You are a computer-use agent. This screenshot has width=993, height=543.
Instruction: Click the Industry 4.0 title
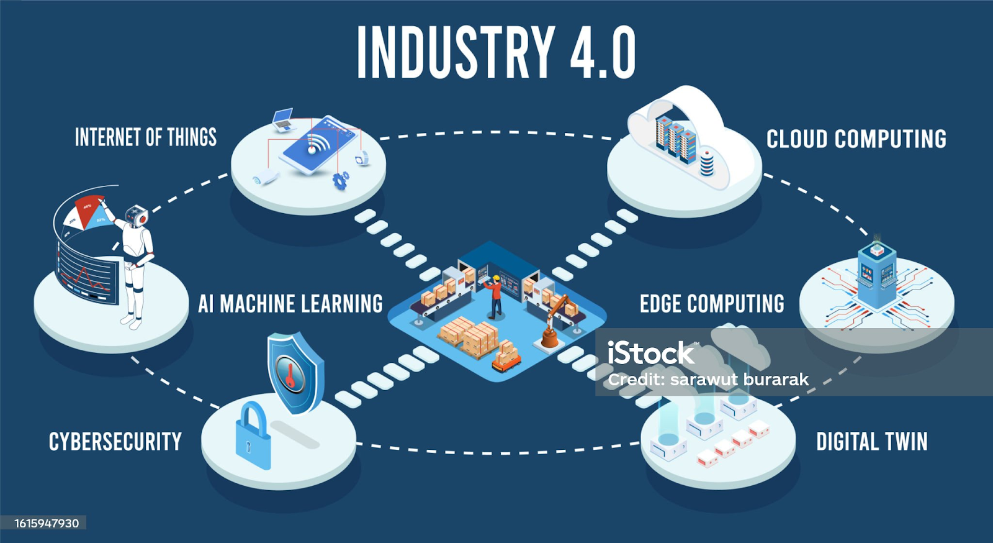pyautogui.click(x=496, y=52)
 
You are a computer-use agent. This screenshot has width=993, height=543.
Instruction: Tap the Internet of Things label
pyautogui.click(x=146, y=137)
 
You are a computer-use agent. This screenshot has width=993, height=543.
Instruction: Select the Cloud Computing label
pyautogui.click(x=856, y=139)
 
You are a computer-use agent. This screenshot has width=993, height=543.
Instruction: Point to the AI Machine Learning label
pyautogui.click(x=290, y=304)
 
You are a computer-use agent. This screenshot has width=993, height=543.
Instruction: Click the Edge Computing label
pyautogui.click(x=712, y=304)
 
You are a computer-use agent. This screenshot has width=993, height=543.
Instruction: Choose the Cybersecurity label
pyautogui.click(x=115, y=441)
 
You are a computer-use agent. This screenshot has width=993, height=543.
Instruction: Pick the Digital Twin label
pyautogui.click(x=872, y=441)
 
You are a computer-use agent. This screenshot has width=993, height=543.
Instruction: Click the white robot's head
pyautogui.click(x=137, y=216)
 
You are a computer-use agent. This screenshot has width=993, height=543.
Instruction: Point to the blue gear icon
pyautogui.click(x=341, y=180)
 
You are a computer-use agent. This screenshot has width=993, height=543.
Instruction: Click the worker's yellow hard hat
pyautogui.click(x=496, y=278)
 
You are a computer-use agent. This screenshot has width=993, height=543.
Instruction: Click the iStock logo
pyautogui.click(x=651, y=353)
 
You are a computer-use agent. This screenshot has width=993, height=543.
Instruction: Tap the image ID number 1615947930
pyautogui.click(x=47, y=524)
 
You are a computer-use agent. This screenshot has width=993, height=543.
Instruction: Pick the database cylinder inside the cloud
pyautogui.click(x=707, y=163)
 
